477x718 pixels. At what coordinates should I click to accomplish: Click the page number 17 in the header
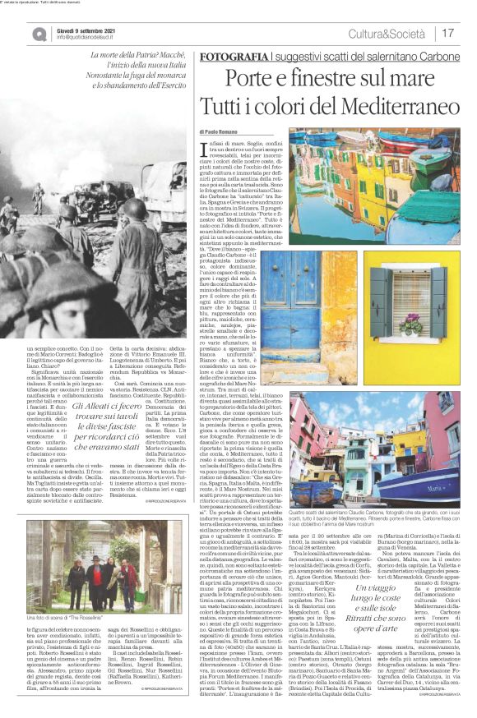[x=448, y=33]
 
